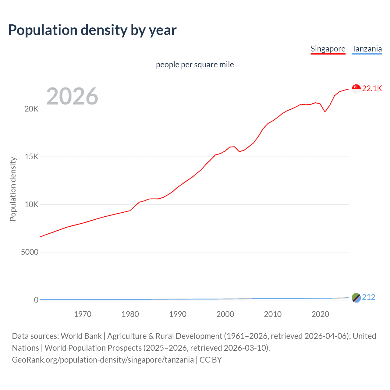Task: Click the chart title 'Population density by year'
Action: (92, 30)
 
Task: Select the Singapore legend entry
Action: (328, 49)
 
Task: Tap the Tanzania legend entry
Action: (367, 49)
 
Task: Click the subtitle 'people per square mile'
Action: (195, 65)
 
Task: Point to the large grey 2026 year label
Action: (72, 96)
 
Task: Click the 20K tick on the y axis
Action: (31, 109)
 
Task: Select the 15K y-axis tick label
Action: (31, 157)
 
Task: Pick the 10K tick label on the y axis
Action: (31, 204)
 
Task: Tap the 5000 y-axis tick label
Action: (30, 252)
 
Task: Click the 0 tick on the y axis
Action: (36, 300)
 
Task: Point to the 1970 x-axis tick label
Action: (83, 314)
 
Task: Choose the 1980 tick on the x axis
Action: (130, 314)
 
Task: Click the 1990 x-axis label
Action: (178, 314)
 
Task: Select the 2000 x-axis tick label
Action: (225, 314)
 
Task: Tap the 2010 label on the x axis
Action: (273, 314)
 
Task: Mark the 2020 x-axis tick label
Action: (320, 314)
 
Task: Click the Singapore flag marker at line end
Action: (356, 89)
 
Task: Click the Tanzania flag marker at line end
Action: (356, 298)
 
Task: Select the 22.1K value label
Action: (372, 89)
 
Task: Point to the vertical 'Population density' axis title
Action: (13, 189)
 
